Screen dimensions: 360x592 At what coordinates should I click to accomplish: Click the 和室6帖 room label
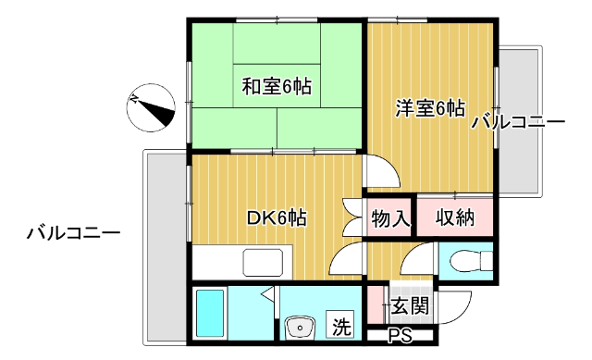(277, 87)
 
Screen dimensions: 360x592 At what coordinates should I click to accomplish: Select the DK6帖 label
(277, 218)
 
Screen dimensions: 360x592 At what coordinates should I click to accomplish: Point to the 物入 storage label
(389, 218)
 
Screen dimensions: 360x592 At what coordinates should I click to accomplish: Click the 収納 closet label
(454, 218)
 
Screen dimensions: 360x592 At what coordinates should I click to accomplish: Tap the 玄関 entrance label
(408, 304)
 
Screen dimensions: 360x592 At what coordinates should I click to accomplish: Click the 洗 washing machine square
(342, 326)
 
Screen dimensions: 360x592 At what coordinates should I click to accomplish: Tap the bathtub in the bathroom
(212, 315)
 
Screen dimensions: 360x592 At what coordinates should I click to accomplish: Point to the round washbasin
(299, 328)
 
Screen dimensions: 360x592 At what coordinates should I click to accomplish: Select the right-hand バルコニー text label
(517, 122)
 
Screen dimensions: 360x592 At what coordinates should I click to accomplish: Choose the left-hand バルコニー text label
(72, 233)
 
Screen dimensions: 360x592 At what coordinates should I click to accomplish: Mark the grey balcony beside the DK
(165, 245)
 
